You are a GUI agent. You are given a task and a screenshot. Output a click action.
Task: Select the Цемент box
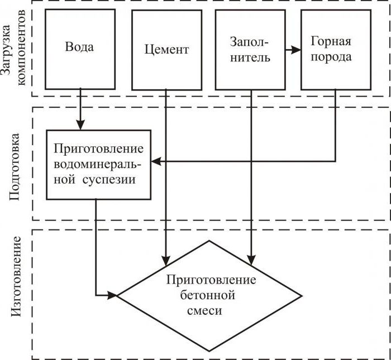[166, 49]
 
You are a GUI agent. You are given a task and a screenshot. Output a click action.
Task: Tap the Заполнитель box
[250, 49]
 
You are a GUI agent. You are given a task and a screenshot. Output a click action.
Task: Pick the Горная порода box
[335, 49]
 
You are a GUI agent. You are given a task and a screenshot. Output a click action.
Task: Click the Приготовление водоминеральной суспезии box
[98, 165]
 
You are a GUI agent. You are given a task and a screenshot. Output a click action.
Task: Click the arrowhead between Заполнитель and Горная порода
[296, 50]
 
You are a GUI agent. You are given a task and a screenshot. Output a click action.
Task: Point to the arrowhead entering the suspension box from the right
[156, 162]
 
